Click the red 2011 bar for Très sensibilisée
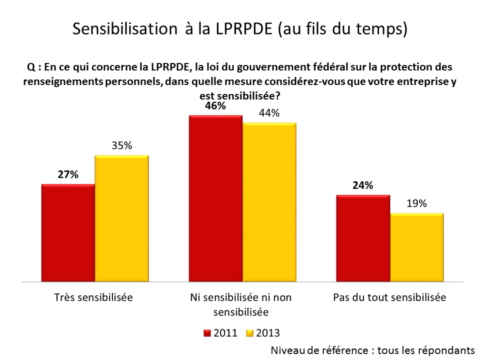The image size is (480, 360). pyautogui.click(x=68, y=232)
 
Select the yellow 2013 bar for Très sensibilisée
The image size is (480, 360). pyautogui.click(x=122, y=218)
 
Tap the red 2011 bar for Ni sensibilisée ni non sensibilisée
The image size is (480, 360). pyautogui.click(x=215, y=198)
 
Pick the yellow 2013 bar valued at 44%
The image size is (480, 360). pyautogui.click(x=269, y=201)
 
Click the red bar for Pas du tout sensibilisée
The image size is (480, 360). pyautogui.click(x=363, y=238)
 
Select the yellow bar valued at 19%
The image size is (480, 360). pyautogui.click(x=417, y=247)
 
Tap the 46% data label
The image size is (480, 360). pyautogui.click(x=215, y=106)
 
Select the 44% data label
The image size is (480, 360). pyautogui.click(x=269, y=113)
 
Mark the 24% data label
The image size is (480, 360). pyautogui.click(x=363, y=185)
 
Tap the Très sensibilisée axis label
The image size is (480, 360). pyautogui.click(x=93, y=297)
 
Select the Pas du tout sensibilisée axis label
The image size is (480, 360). pyautogui.click(x=389, y=297)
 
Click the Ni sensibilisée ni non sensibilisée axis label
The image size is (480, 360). pyautogui.click(x=241, y=304)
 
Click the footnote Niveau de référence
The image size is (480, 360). pyautogui.click(x=372, y=349)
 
